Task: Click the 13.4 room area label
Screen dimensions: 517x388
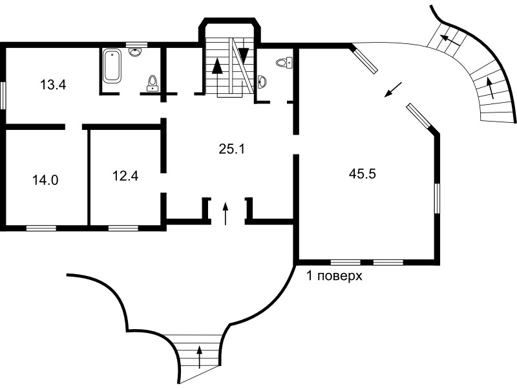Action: (53, 85)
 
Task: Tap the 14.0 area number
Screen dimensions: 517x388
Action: (45, 180)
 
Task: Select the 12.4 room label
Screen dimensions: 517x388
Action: (125, 175)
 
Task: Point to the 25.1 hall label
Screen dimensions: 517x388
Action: (232, 149)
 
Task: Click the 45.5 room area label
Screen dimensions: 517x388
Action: (363, 173)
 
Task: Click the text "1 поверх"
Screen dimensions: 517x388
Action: (334, 275)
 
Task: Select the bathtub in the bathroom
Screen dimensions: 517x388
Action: (112, 66)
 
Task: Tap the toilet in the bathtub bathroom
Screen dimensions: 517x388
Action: (153, 83)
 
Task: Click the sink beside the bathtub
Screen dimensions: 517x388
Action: (135, 52)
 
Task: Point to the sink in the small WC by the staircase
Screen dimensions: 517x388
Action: (262, 81)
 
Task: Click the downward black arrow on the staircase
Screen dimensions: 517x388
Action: (244, 53)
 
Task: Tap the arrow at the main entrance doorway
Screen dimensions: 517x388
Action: (226, 213)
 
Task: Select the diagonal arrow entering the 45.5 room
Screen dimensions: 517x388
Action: (394, 90)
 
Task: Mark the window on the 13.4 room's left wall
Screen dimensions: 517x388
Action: (3, 95)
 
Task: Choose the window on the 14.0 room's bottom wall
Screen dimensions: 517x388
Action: (41, 228)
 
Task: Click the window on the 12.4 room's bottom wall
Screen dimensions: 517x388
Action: (123, 228)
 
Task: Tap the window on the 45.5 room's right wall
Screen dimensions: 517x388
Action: (438, 199)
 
